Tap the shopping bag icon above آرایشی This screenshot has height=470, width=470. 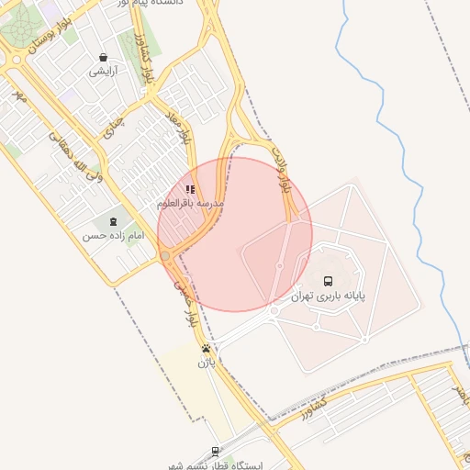click(102, 57)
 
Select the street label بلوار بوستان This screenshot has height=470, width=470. click(50, 36)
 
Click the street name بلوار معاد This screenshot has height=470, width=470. click(177, 126)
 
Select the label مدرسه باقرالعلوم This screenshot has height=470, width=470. click(191, 203)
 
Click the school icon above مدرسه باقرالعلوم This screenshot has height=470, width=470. click(190, 189)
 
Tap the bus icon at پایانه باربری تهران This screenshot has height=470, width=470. click(329, 282)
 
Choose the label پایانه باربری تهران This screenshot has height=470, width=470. click(328, 297)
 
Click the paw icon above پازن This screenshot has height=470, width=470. click(206, 349)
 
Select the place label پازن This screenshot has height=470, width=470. click(206, 364)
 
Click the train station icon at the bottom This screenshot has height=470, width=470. click(215, 451)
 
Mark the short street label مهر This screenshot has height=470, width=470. click(18, 94)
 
